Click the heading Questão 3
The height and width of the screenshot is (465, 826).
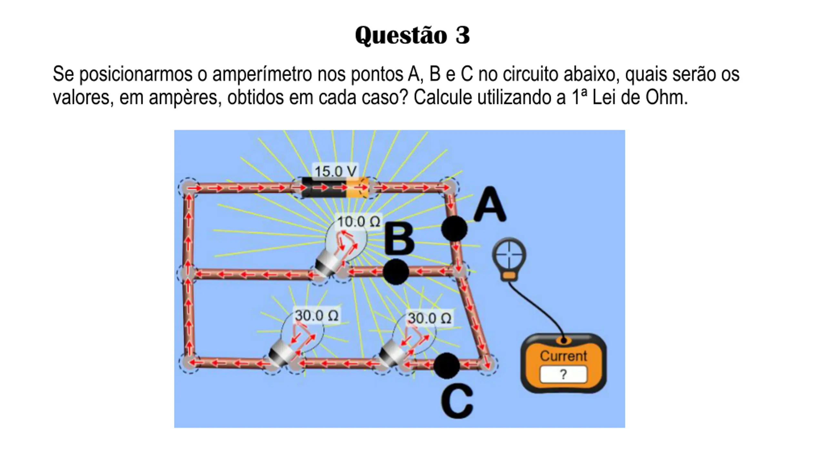click(412, 35)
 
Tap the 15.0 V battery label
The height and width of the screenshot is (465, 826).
click(336, 171)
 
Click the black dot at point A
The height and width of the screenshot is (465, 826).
click(454, 229)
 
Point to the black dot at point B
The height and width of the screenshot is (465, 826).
click(396, 272)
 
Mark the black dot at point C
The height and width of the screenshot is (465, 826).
click(447, 366)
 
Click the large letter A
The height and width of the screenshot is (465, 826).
click(490, 205)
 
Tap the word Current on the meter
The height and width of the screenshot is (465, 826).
click(563, 356)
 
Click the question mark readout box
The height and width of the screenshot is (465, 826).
click(563, 374)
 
